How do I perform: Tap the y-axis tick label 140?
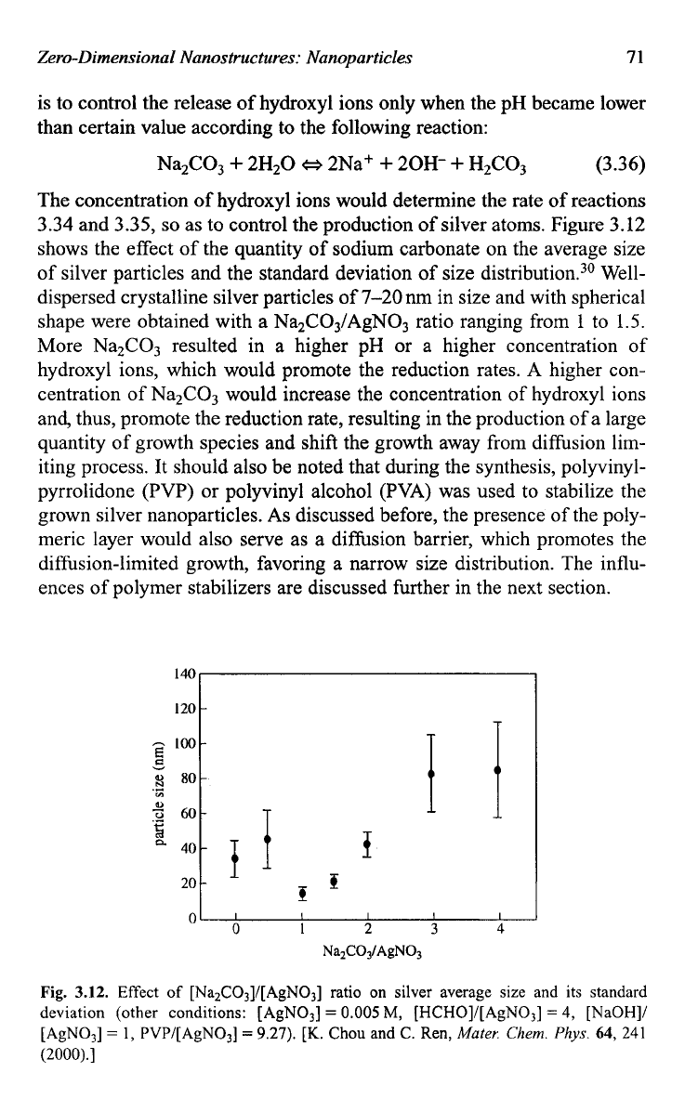[x=184, y=673]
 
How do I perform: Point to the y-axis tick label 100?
[x=184, y=743]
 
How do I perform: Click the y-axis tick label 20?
[x=188, y=883]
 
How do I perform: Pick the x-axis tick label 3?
[x=434, y=929]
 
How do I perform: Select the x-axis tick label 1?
[x=302, y=929]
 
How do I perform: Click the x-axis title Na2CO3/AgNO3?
[x=373, y=951]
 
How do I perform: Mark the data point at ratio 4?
[x=497, y=769]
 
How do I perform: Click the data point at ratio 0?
[x=235, y=858]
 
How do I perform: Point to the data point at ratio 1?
[x=302, y=894]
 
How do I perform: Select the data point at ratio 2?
[x=367, y=844]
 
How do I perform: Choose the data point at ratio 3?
[x=431, y=773]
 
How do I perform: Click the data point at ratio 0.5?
[x=267, y=839]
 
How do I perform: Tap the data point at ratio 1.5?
[x=335, y=882]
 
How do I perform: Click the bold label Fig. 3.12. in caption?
[x=74, y=992]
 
